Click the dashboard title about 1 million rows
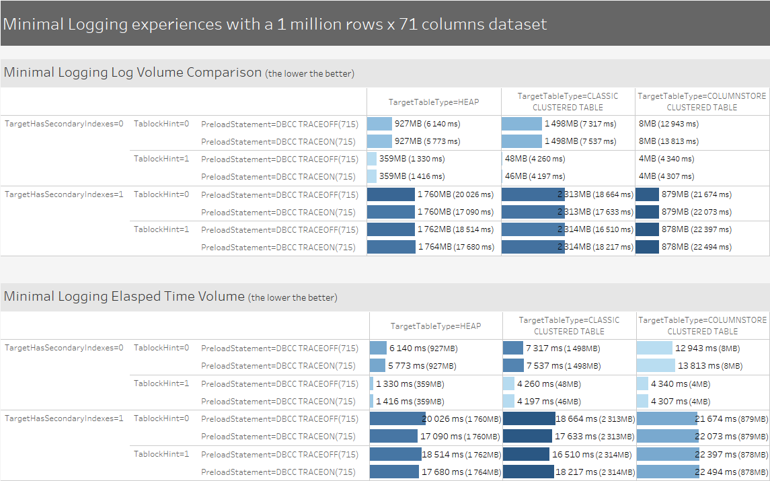click(274, 24)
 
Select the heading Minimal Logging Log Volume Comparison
click(132, 72)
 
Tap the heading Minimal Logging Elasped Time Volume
click(124, 296)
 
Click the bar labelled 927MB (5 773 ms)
click(379, 141)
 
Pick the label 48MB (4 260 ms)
click(535, 159)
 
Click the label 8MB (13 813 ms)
click(668, 141)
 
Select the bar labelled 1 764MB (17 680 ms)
click(391, 247)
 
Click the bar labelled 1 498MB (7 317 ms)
click(522, 124)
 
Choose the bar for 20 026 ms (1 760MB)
click(397, 418)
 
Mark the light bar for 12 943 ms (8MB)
click(654, 348)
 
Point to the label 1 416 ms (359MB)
click(410, 402)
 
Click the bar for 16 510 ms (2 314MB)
click(527, 454)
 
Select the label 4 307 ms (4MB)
click(681, 402)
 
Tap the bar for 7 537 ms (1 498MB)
click(514, 365)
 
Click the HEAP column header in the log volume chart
click(434, 102)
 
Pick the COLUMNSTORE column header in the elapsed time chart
click(703, 326)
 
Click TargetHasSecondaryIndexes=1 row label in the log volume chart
click(64, 194)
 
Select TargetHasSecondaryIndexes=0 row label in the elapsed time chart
click(64, 348)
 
